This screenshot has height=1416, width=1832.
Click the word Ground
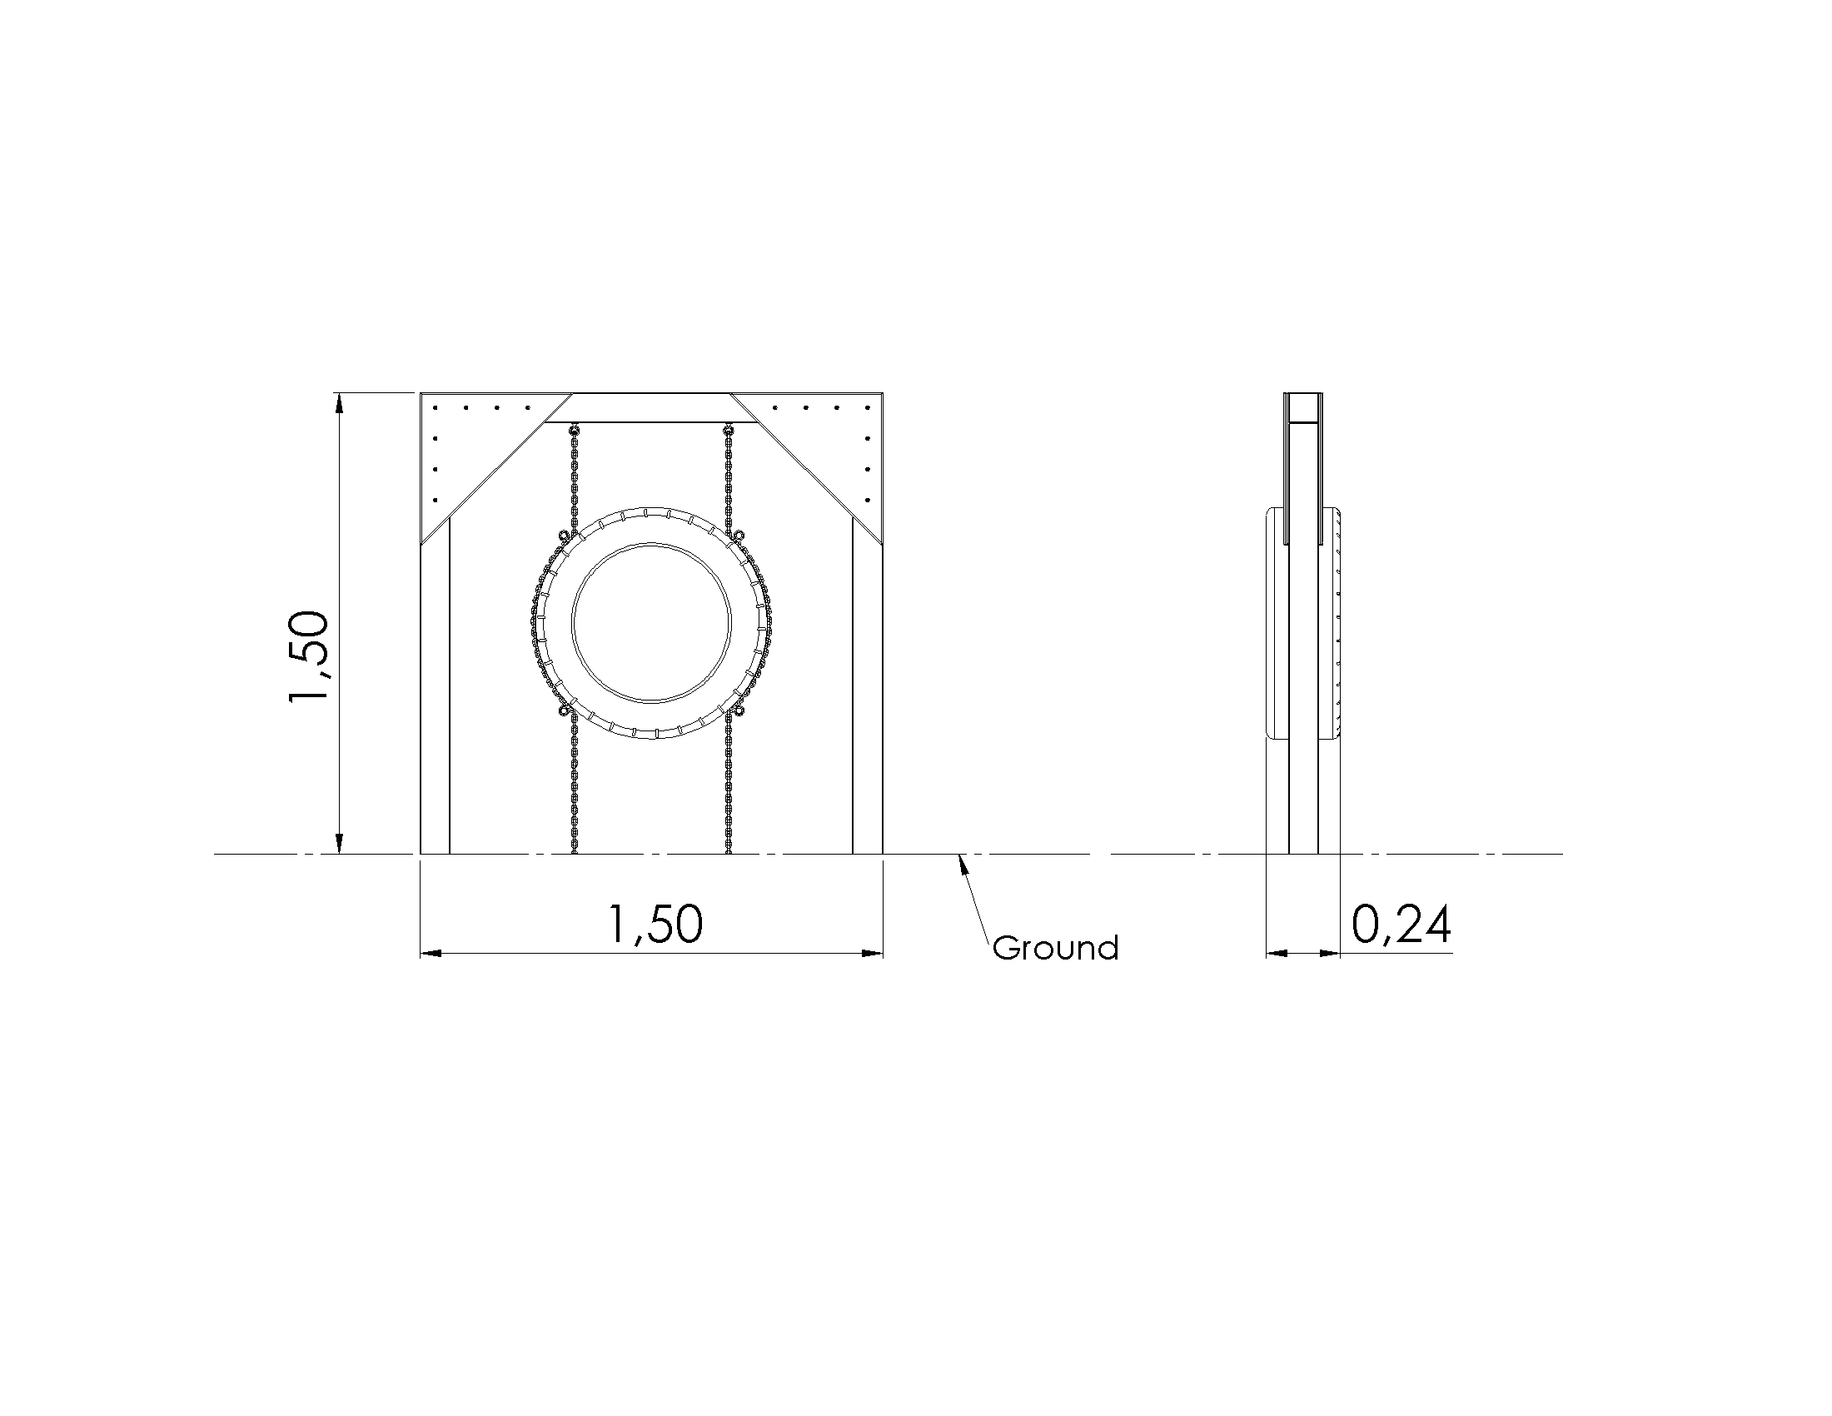[1055, 948]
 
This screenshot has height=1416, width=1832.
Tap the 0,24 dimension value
[1401, 925]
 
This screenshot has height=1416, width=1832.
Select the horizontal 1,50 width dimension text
[655, 925]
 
